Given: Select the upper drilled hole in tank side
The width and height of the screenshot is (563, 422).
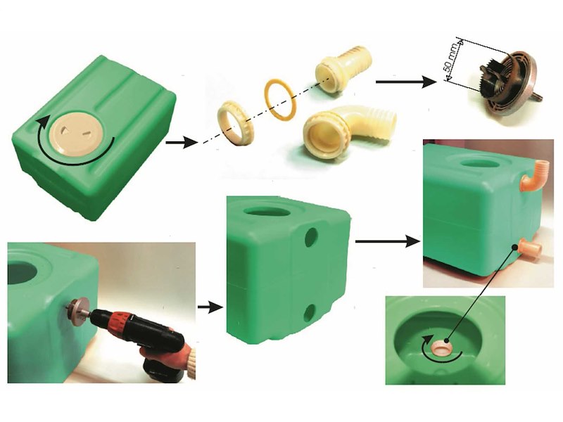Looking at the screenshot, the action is pos(311,237).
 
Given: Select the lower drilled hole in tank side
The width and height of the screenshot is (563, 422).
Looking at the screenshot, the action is pos(310,312).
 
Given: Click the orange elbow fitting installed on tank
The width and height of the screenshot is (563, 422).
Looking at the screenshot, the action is pos(533,177).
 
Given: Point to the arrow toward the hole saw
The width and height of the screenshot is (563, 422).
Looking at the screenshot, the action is pos(406,82).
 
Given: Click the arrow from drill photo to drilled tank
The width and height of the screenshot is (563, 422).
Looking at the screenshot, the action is pos(210,307).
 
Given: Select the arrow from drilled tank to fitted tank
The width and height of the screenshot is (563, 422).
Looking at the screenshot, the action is pos(387,241).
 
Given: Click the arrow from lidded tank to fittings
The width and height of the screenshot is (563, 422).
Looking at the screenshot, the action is pos(182,143).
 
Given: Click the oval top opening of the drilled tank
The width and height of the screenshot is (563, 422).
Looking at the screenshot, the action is pos(267,210).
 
